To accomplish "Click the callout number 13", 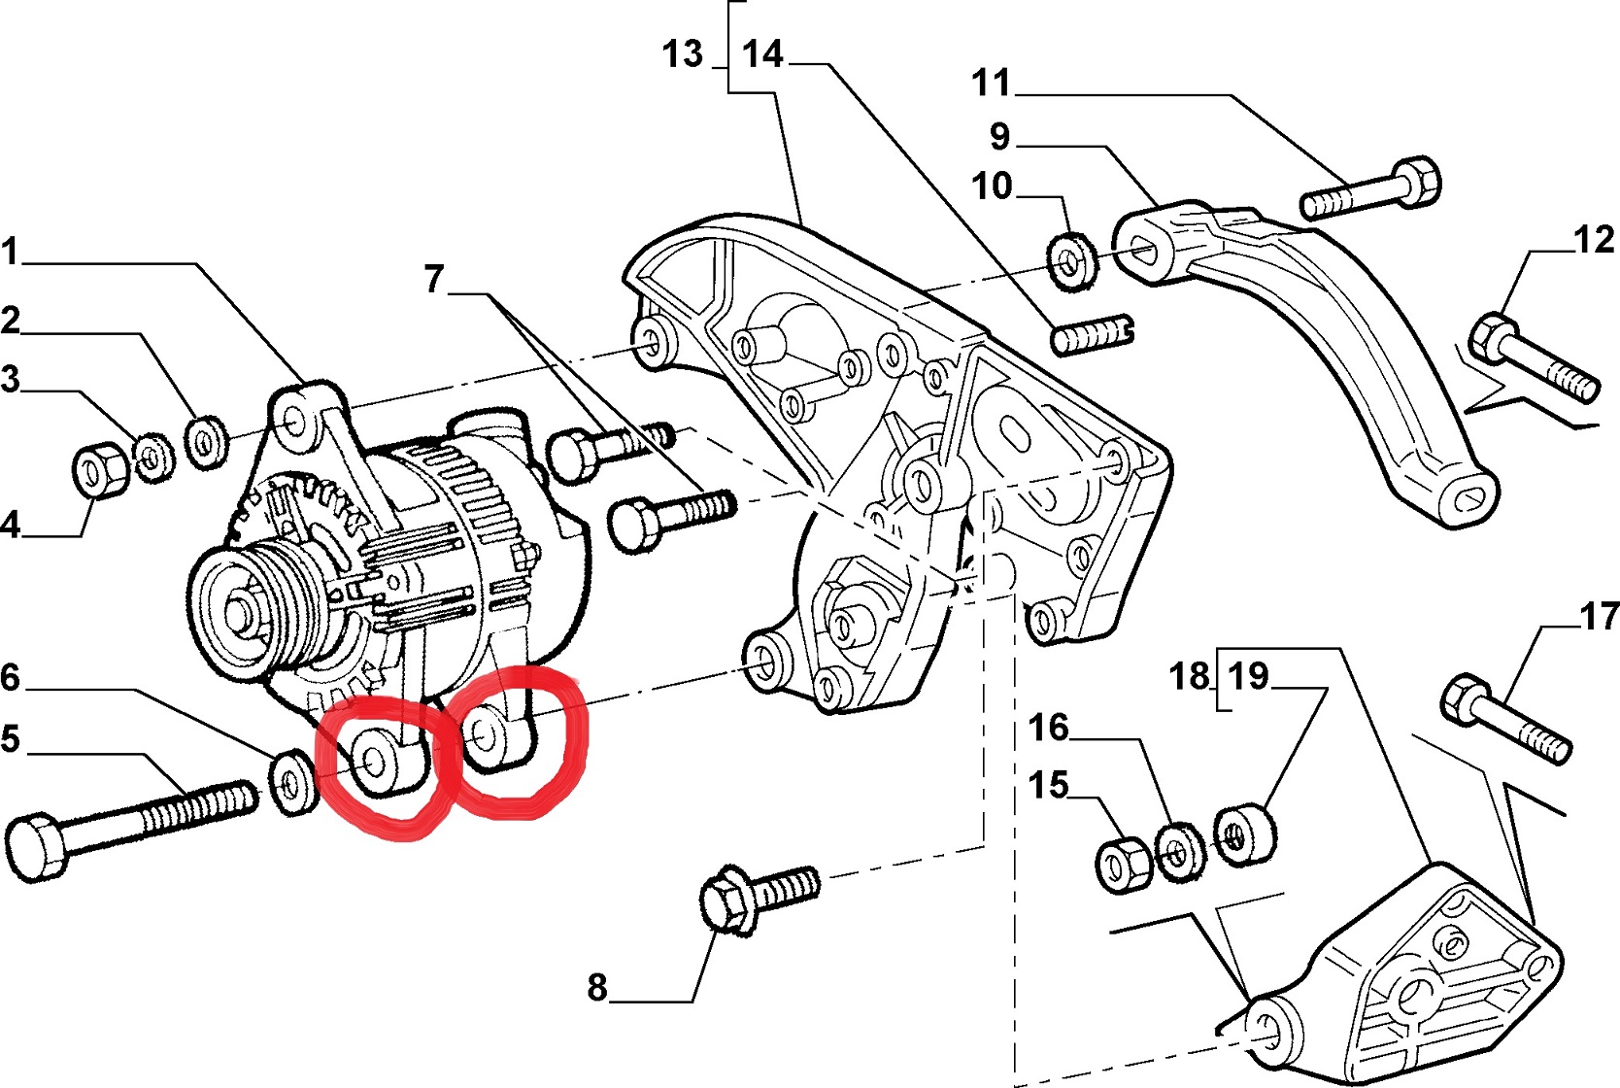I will pyautogui.click(x=683, y=54).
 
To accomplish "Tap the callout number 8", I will pyautogui.click(x=597, y=987).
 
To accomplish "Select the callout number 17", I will pyautogui.click(x=1599, y=616).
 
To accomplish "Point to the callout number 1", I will pyautogui.click(x=10, y=252).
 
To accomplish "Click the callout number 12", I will pyautogui.click(x=1593, y=239).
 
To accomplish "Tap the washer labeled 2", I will pyautogui.click(x=205, y=441).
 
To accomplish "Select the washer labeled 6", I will pyautogui.click(x=291, y=780).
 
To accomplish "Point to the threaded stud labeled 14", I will pyautogui.click(x=1093, y=335).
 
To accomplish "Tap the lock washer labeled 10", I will pyautogui.click(x=1071, y=258).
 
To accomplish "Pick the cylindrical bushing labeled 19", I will pyautogui.click(x=1244, y=833).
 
